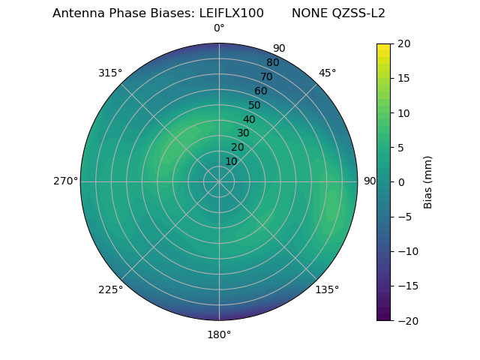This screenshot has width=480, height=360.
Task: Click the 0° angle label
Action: [x=219, y=28]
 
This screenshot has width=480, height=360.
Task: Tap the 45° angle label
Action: [x=327, y=73]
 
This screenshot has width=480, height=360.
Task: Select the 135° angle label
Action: [x=327, y=289]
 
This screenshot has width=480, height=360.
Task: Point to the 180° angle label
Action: [x=219, y=334]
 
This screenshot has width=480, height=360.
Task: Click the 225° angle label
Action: [x=110, y=289]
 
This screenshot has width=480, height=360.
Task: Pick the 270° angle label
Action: [x=65, y=181]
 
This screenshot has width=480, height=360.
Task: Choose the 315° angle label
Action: [x=110, y=73]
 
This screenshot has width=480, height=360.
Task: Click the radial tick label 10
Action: [x=231, y=161]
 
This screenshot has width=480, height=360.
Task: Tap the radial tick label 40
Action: [x=249, y=119]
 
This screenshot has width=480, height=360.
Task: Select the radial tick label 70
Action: [x=266, y=76]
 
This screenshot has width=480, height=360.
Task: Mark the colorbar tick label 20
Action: [x=403, y=43]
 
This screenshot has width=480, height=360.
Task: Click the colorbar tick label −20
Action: [x=406, y=320]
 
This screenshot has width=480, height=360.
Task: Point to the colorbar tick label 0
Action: [x=400, y=181]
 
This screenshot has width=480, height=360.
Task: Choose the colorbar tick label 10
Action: [x=403, y=112]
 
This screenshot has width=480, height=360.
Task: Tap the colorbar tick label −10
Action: [x=406, y=251]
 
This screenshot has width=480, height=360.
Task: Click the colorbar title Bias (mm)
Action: [x=427, y=181]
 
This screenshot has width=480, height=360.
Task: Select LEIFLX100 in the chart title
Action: [x=231, y=13]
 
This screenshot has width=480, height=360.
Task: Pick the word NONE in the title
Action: [x=309, y=13]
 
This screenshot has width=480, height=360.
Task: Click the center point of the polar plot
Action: [x=219, y=181]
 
